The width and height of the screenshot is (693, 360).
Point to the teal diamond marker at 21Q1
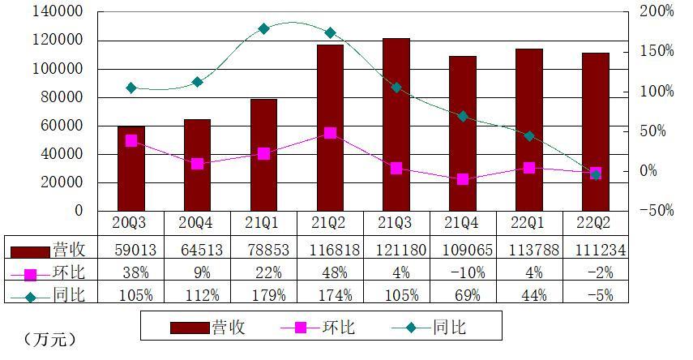click(x=263, y=28)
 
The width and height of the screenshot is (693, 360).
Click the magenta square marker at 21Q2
click(x=330, y=133)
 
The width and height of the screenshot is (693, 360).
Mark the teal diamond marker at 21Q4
click(x=463, y=116)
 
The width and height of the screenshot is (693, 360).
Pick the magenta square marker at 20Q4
click(x=197, y=164)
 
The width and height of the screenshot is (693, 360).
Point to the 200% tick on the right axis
click(x=657, y=12)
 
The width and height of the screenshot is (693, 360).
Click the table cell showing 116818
click(x=330, y=250)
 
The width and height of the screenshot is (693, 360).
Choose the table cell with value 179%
click(x=263, y=294)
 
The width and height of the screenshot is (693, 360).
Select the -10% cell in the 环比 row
click(x=463, y=272)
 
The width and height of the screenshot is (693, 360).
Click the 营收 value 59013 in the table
click(x=131, y=250)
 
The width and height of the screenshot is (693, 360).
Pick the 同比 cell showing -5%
click(x=596, y=294)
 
